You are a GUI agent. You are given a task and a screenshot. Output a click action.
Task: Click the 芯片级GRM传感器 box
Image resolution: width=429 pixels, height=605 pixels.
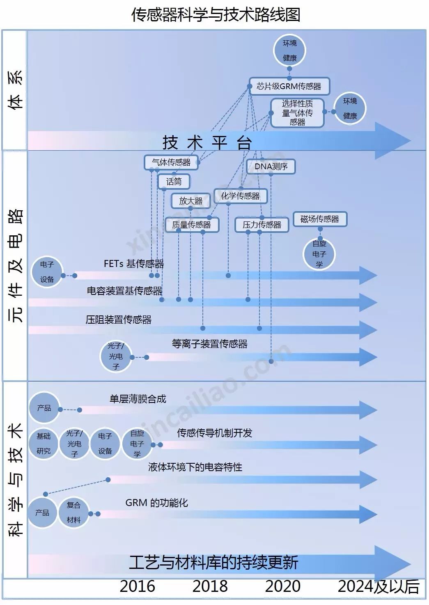point(289,86)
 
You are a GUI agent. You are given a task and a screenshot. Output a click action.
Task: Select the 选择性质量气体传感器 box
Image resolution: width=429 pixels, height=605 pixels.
point(297,113)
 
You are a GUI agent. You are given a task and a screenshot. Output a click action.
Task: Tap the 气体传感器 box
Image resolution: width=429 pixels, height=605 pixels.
point(171,162)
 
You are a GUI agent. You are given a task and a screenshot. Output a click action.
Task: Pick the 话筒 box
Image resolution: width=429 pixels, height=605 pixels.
point(174,182)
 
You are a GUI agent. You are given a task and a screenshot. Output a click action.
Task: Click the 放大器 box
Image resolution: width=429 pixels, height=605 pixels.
point(190,201)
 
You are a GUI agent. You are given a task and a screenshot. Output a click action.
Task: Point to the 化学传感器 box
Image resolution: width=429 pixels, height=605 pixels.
point(240,196)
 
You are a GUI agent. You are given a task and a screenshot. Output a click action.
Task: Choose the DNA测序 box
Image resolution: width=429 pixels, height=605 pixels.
point(271,166)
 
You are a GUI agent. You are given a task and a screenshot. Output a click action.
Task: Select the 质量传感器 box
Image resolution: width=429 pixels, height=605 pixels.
point(191,225)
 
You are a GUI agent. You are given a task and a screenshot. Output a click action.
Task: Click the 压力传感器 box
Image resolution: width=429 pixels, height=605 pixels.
point(262,225)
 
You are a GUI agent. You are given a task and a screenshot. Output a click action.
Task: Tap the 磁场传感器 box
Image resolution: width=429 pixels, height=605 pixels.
point(320,219)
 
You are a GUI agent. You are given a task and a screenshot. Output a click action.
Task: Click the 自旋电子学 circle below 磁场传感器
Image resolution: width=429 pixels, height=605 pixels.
point(319,254)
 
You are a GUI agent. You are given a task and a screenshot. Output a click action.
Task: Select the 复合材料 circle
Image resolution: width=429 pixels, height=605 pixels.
point(73,512)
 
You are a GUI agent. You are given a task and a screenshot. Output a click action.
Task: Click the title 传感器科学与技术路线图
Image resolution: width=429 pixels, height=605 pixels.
point(216,15)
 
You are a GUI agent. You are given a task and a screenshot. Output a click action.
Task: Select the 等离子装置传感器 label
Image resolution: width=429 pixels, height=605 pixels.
point(210,344)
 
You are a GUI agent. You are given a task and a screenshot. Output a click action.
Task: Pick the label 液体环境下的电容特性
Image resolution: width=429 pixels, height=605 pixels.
point(195,467)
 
